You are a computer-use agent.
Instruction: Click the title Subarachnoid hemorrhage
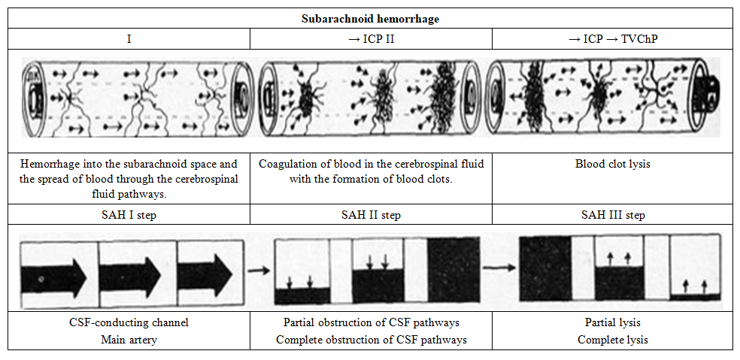pyautogui.click(x=370, y=19)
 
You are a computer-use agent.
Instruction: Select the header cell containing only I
pyautogui.click(x=129, y=38)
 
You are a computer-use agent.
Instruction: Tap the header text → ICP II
pyautogui.click(x=371, y=38)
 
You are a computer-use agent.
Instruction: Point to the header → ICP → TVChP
pyautogui.click(x=612, y=38)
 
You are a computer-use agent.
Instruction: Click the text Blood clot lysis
pyautogui.click(x=613, y=164)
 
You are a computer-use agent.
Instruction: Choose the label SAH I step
pyautogui.click(x=129, y=215)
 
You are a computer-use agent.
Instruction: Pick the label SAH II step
pyautogui.click(x=371, y=215)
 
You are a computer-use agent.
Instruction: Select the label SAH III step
pyautogui.click(x=613, y=215)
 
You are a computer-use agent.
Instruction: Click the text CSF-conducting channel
pyautogui.click(x=129, y=323)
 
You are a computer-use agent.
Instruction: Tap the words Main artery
pyautogui.click(x=129, y=340)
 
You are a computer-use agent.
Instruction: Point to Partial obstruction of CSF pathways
pyautogui.click(x=371, y=323)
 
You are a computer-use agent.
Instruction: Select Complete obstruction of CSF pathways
pyautogui.click(x=371, y=340)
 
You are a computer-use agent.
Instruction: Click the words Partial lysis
pyautogui.click(x=613, y=323)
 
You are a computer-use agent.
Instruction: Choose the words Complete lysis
pyautogui.click(x=613, y=340)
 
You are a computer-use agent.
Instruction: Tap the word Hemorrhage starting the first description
pyautogui.click(x=48, y=164)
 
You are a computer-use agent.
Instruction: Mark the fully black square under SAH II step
pyautogui.click(x=453, y=271)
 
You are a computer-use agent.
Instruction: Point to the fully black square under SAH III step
pyautogui.click(x=545, y=271)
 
